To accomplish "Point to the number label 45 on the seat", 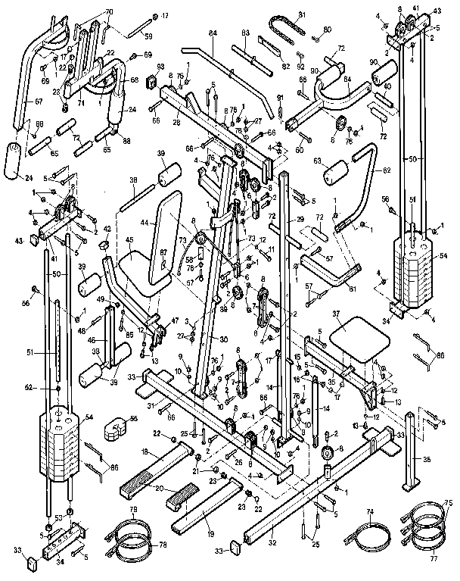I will tap(129, 241).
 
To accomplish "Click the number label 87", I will tap(163, 253).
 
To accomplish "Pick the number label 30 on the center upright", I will tap(223, 339).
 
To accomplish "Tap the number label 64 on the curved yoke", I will tap(347, 78).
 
